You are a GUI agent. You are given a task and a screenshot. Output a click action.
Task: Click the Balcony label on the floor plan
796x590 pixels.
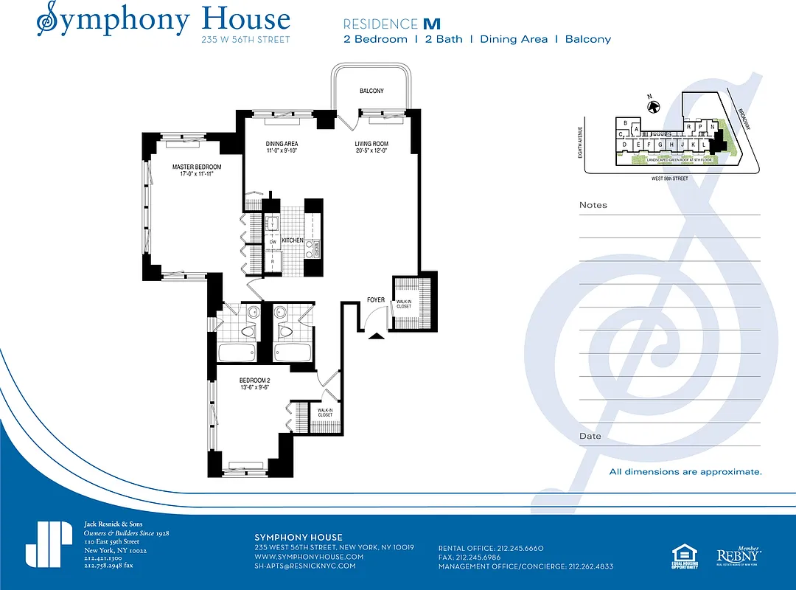[x=371, y=91]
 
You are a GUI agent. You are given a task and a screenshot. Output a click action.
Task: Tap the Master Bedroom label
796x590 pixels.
[x=197, y=167]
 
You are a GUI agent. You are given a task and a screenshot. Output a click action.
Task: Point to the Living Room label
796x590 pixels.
[x=371, y=144]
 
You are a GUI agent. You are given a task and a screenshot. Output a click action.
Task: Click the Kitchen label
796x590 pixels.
[x=292, y=240]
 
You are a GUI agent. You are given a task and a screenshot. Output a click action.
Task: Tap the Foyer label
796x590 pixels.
[x=376, y=300]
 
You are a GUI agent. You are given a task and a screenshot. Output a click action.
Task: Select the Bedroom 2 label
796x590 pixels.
[x=255, y=381]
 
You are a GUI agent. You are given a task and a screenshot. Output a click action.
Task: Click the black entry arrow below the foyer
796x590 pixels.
[x=376, y=336]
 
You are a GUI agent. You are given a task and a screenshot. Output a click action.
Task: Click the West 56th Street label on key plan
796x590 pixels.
[x=670, y=178]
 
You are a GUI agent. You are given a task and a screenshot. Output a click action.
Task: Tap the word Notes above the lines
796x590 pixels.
[x=593, y=205]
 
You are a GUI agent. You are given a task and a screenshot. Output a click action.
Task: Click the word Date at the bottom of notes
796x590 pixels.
[x=590, y=436]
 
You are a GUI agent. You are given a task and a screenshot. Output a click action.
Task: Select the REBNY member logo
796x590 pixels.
[x=739, y=555]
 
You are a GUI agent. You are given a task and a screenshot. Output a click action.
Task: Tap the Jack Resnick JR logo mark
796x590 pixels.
[x=49, y=544]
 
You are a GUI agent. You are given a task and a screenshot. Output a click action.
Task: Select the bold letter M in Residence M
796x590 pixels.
[x=431, y=24]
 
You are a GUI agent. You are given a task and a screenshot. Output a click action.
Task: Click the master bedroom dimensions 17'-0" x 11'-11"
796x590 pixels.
[x=197, y=175]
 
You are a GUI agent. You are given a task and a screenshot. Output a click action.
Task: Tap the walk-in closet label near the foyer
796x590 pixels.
[x=404, y=304]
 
